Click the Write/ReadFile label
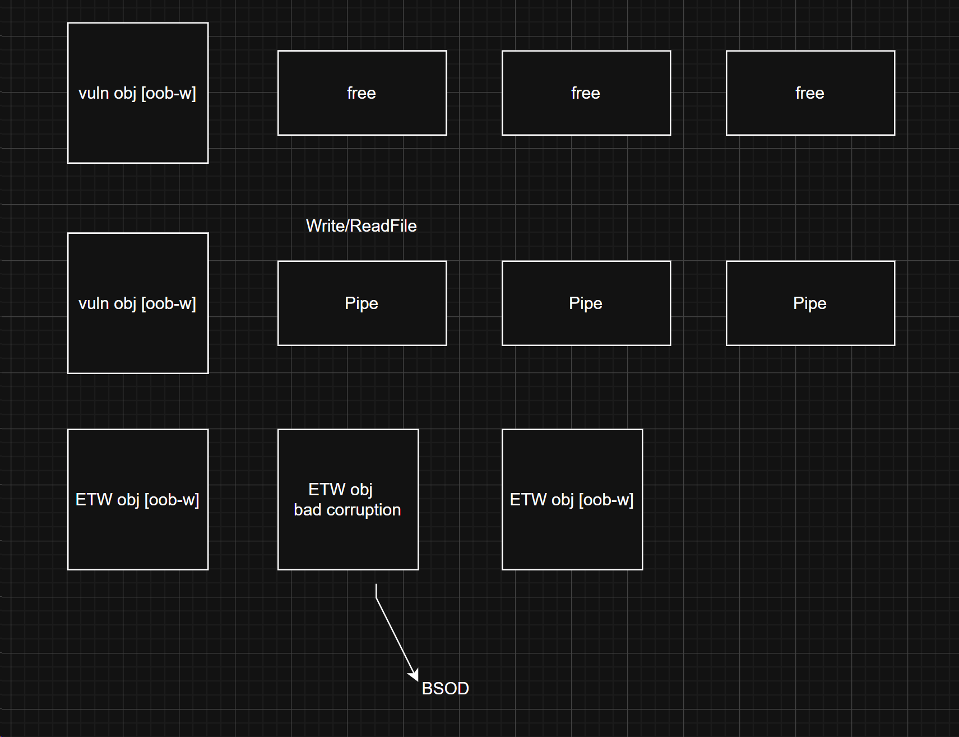click(361, 226)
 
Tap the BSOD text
click(445, 688)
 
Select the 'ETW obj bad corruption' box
click(348, 538)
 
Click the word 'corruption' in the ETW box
click(363, 510)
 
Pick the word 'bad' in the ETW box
click(307, 510)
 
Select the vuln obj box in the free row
click(138, 129)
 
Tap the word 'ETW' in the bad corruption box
click(327, 490)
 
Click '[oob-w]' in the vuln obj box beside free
click(169, 93)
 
